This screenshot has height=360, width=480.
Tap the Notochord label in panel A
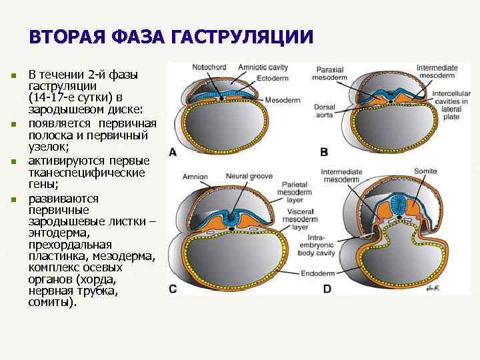point(208,67)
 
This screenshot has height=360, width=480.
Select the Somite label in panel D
point(425,171)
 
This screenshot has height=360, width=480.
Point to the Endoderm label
point(317,274)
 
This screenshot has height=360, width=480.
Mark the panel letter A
point(173,151)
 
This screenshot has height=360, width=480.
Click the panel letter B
point(324,151)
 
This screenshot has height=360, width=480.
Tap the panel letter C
point(173,289)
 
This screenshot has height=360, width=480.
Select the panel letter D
point(327,289)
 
